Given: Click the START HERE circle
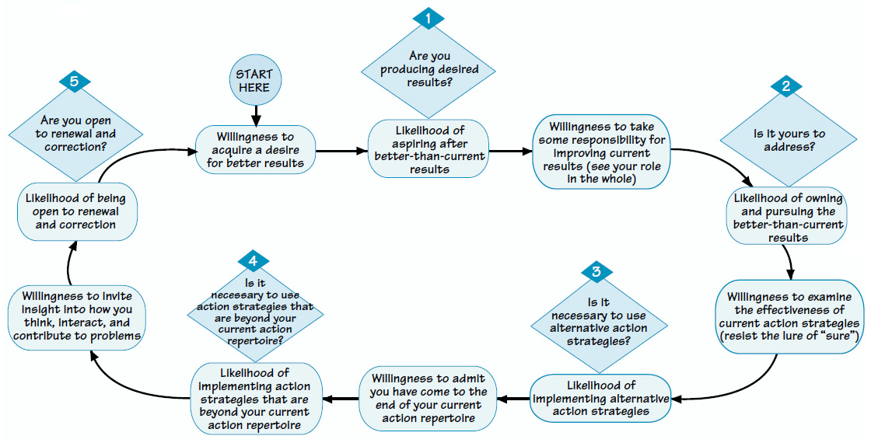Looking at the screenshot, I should (x=255, y=82).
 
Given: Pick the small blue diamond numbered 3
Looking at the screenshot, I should (x=596, y=272).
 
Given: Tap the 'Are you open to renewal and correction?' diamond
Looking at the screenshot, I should (x=75, y=134).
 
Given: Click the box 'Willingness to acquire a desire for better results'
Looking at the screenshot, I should (x=256, y=148).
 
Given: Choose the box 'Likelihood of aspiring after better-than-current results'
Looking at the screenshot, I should (x=429, y=148).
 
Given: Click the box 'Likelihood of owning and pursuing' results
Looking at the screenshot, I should (x=789, y=218).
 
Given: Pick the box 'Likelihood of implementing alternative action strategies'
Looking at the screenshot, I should (x=600, y=399).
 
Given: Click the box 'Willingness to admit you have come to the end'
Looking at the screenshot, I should (x=429, y=398).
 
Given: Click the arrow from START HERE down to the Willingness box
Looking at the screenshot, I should (x=255, y=113).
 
